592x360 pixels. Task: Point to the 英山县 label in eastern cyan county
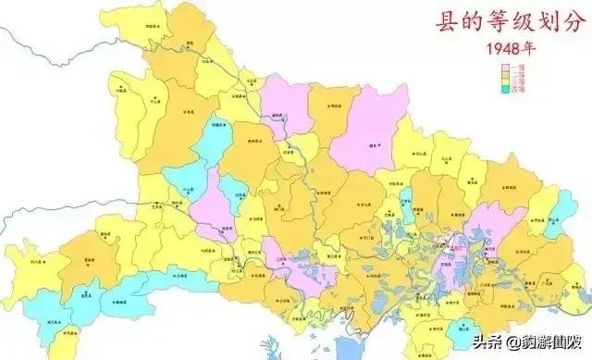coord(554,222)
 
